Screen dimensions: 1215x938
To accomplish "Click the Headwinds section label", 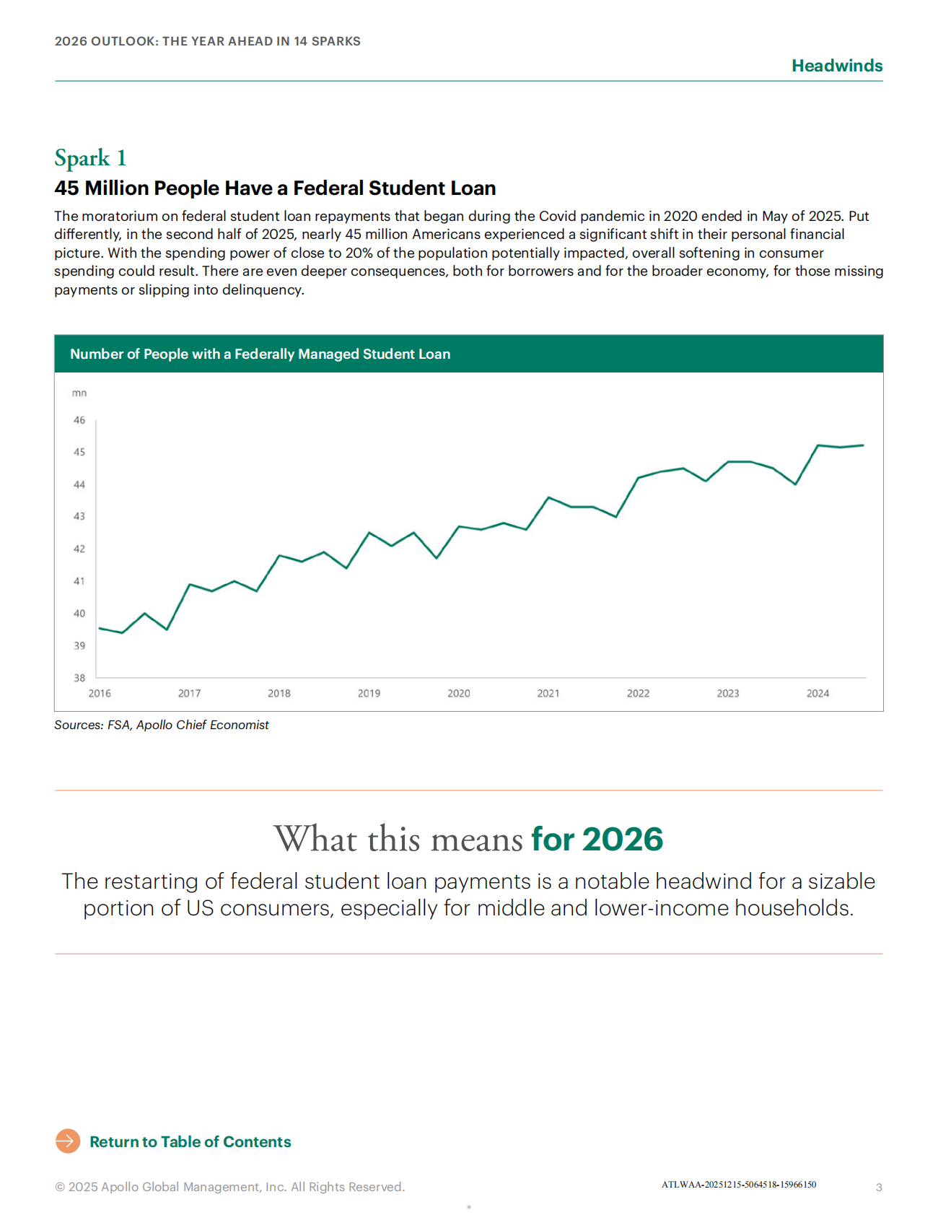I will point(836,66).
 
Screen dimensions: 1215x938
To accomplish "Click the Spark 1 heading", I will point(90,158).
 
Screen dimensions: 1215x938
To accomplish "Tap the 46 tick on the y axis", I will point(79,420).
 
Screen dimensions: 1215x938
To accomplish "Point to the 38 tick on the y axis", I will point(79,678).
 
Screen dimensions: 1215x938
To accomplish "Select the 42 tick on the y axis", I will point(79,549).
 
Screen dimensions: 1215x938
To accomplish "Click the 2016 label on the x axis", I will point(100,694).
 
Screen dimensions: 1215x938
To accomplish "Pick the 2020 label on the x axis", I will point(458,694).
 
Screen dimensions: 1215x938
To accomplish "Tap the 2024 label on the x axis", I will point(818,694).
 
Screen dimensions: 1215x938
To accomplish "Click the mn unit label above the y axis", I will point(79,393).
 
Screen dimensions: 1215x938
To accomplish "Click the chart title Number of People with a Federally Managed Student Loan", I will point(260,354).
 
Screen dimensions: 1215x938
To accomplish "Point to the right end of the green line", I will point(863,445).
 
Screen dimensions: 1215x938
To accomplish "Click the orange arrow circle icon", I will point(68,1141).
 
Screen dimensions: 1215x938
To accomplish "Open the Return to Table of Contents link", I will point(190,1142).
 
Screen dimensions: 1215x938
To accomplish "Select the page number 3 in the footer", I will point(879,1188).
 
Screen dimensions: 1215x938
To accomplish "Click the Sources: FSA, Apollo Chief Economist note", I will point(162,725).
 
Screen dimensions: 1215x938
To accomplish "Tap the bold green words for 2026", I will point(597,840).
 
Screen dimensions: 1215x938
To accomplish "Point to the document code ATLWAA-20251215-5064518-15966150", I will point(739,1185).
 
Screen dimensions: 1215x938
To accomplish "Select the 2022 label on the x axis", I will point(638,694).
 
